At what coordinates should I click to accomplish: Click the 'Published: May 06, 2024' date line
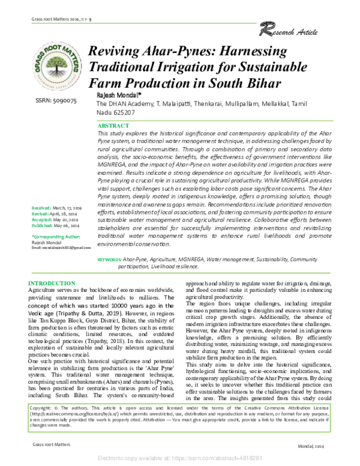(x=58, y=244)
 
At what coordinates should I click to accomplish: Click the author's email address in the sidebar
(x=61, y=265)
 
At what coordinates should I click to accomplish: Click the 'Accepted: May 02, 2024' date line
(x=58, y=238)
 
